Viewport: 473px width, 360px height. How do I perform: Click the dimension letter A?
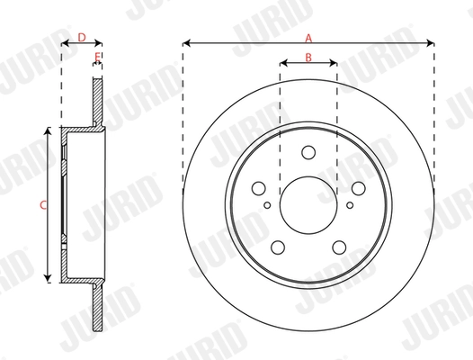tap(308, 38)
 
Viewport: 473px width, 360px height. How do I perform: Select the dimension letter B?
tap(308, 58)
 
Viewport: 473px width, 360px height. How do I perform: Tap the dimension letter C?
tap(42, 205)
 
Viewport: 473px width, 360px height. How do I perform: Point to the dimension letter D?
tap(81, 38)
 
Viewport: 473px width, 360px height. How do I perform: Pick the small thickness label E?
tap(97, 57)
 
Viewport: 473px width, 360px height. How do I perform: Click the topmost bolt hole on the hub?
tap(308, 152)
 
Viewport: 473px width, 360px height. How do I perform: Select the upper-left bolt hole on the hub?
tap(259, 188)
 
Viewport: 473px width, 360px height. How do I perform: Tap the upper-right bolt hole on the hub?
tap(358, 188)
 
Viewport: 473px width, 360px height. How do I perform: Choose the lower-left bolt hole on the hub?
tap(278, 247)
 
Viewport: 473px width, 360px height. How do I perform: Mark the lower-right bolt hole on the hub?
tap(339, 247)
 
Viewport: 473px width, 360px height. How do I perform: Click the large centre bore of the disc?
tap(308, 205)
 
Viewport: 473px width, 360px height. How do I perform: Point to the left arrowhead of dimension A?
tap(186, 42)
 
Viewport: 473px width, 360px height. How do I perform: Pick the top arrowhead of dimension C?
tap(46, 131)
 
